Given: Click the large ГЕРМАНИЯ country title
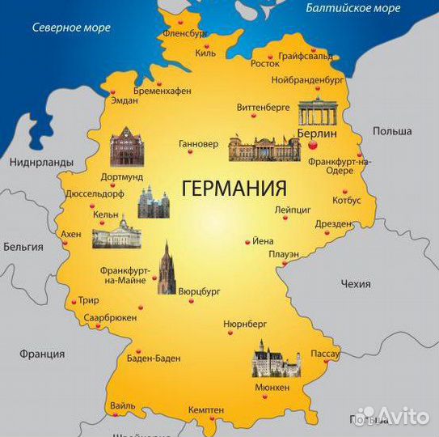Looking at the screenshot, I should coord(234,189).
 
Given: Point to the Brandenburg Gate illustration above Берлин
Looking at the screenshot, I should coord(317,112).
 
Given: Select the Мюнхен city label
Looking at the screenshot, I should coord(272,388).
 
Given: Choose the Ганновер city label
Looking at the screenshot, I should coord(198,144).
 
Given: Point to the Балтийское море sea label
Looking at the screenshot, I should coord(353,8).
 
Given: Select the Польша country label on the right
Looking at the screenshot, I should coord(392,131).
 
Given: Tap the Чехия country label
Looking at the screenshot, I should coord(356,284).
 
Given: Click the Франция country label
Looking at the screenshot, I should coord(42,354).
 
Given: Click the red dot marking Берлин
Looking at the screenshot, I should coord(312,145).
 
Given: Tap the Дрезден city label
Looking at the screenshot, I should coord(332,223).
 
